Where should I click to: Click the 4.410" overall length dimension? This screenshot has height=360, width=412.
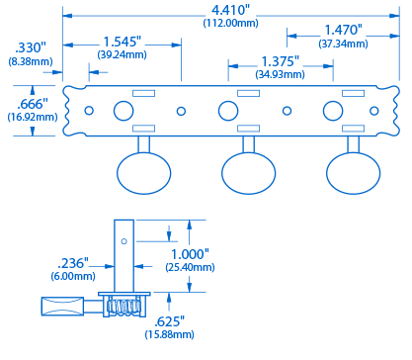tap(230, 10)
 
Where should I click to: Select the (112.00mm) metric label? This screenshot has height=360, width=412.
tap(230, 23)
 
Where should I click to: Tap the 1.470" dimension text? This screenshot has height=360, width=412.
tap(343, 30)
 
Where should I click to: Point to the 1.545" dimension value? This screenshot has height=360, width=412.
tap(122, 42)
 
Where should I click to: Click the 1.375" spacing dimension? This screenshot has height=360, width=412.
tap(280, 61)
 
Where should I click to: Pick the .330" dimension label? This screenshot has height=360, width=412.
tap(31, 47)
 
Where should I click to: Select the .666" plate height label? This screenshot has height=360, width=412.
tap(33, 104)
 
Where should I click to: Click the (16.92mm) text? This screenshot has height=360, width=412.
tap(33, 117)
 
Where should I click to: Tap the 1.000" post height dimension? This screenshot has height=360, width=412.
tap(190, 254)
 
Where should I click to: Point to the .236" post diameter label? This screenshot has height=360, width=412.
tap(73, 263)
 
